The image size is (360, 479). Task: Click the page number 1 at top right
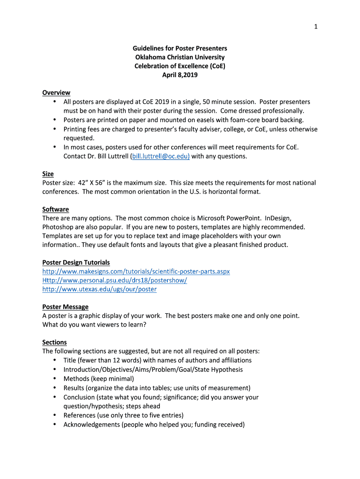click(316, 27)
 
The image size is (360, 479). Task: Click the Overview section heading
click(56, 93)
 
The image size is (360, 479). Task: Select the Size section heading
click(48, 174)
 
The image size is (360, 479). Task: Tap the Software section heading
click(56, 209)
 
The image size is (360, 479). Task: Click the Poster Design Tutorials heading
click(76, 262)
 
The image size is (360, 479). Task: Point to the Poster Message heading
click(65, 307)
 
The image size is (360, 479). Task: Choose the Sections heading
click(54, 342)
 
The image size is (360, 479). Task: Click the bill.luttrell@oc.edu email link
click(160, 156)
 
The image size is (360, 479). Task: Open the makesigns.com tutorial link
click(136, 271)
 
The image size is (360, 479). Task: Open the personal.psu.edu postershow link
click(115, 280)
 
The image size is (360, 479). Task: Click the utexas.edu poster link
click(99, 289)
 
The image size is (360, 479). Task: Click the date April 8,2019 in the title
click(180, 75)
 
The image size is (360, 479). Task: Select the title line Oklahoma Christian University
click(180, 57)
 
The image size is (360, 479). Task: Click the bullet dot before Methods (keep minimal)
click(55, 378)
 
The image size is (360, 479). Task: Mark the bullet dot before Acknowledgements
click(55, 424)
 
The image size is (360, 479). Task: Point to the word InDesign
click(278, 218)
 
